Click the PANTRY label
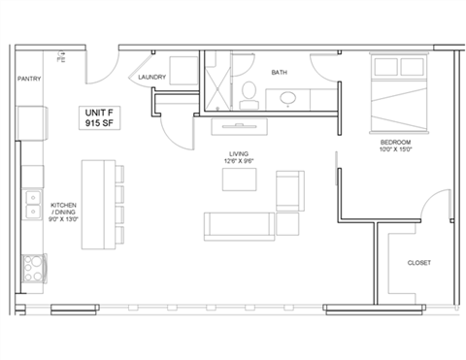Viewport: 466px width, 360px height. click(x=29, y=80)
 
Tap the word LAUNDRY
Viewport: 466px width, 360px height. click(x=154, y=78)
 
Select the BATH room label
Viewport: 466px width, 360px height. click(x=279, y=72)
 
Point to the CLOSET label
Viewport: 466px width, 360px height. click(x=419, y=263)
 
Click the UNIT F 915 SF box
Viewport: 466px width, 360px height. click(x=103, y=118)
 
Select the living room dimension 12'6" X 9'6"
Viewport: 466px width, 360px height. click(x=238, y=159)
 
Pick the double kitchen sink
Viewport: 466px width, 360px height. click(x=31, y=207)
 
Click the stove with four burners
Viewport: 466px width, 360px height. click(x=32, y=265)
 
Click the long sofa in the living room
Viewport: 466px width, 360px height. click(x=238, y=224)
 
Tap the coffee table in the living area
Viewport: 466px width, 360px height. click(x=239, y=181)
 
